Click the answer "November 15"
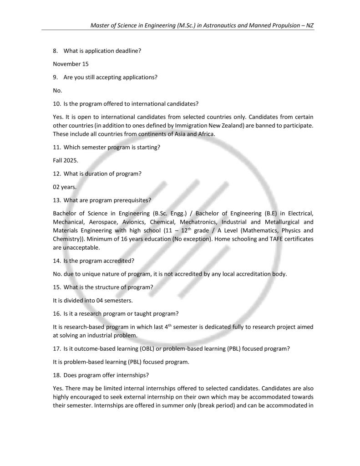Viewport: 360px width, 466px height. click(71, 64)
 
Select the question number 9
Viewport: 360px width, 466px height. click(55, 77)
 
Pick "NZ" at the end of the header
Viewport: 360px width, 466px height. click(309, 26)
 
